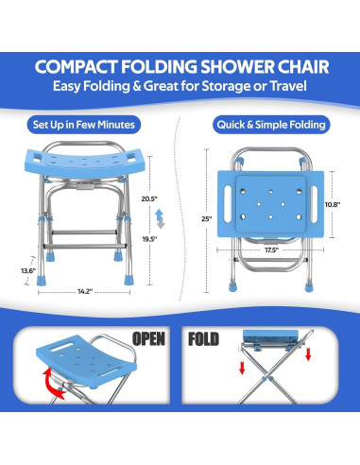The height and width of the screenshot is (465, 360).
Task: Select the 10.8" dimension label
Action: (x=332, y=202)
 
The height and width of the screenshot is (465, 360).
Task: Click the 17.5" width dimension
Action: (x=270, y=250)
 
